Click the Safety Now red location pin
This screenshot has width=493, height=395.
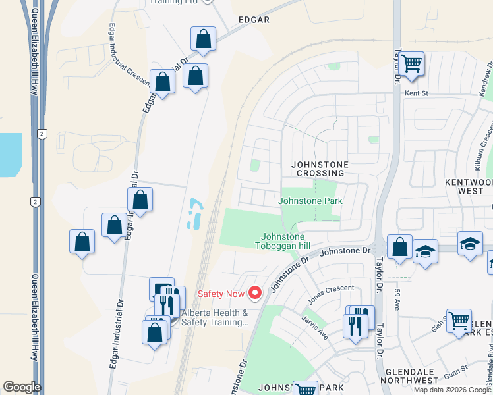[254, 292]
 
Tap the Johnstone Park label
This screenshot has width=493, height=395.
[310, 201]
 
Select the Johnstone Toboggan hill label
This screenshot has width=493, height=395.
[283, 241]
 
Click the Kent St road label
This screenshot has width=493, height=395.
[416, 93]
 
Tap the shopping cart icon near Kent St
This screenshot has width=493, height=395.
[411, 65]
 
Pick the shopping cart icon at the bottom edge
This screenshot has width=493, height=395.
[305, 390]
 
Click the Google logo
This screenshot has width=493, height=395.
[22, 387]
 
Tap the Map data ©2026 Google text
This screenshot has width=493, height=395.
[453, 390]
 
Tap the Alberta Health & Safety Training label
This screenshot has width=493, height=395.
[215, 317]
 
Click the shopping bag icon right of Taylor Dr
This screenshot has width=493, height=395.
[399, 248]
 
